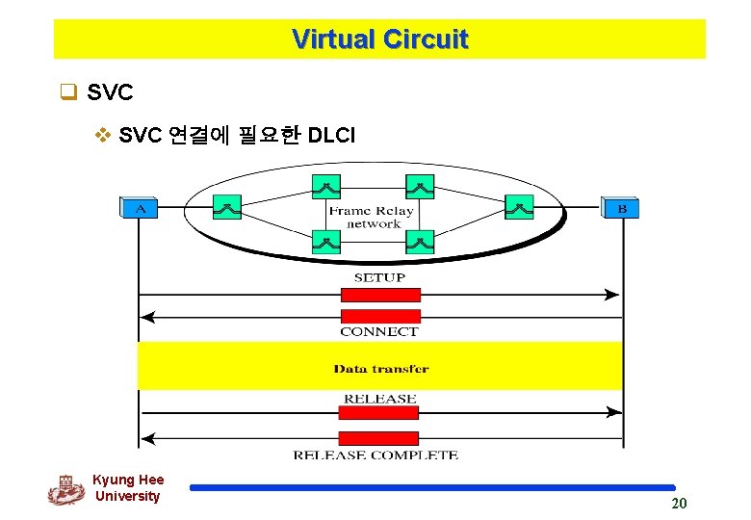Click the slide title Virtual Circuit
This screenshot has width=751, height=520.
379,39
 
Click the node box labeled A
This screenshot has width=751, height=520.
139,207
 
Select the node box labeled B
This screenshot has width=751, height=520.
621,207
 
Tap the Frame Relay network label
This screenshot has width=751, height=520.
372,217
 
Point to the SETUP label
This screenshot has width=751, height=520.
379,277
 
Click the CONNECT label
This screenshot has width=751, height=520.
379,331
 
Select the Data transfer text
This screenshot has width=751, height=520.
381,368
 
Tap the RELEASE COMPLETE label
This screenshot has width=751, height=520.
375,455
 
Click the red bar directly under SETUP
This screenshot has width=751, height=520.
380,294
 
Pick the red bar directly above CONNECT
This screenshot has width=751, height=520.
380,316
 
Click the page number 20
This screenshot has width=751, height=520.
679,504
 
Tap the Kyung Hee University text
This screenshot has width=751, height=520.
128,488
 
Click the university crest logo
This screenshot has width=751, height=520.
65,490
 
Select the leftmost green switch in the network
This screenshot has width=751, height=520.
227,206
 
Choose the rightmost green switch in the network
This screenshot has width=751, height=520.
518,206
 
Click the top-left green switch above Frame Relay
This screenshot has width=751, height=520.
326,186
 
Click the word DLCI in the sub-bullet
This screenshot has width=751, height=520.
331,136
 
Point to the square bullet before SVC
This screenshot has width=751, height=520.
67,93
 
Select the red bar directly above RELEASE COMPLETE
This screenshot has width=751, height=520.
379,438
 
